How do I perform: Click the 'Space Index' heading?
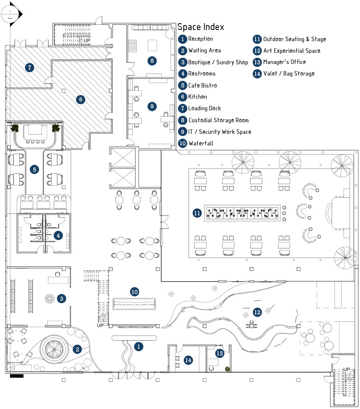tap(201, 27)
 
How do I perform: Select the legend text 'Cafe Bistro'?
tap(203, 85)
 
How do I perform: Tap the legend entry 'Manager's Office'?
tap(284, 62)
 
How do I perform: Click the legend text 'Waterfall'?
tap(201, 143)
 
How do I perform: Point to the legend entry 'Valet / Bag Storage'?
tap(288, 73)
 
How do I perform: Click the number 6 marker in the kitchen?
tap(81, 99)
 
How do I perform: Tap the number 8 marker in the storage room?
tap(151, 61)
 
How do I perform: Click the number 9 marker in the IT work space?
tap(151, 106)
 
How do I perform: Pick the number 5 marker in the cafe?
tap(35, 169)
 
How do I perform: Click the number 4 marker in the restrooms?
tap(58, 236)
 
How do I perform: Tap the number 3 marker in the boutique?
tap(61, 298)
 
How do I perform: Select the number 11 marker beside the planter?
tap(197, 213)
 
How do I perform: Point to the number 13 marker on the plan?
tap(219, 353)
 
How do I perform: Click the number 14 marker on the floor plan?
tap(188, 360)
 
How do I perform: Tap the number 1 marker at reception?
tap(138, 346)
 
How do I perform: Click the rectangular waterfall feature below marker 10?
tap(134, 304)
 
